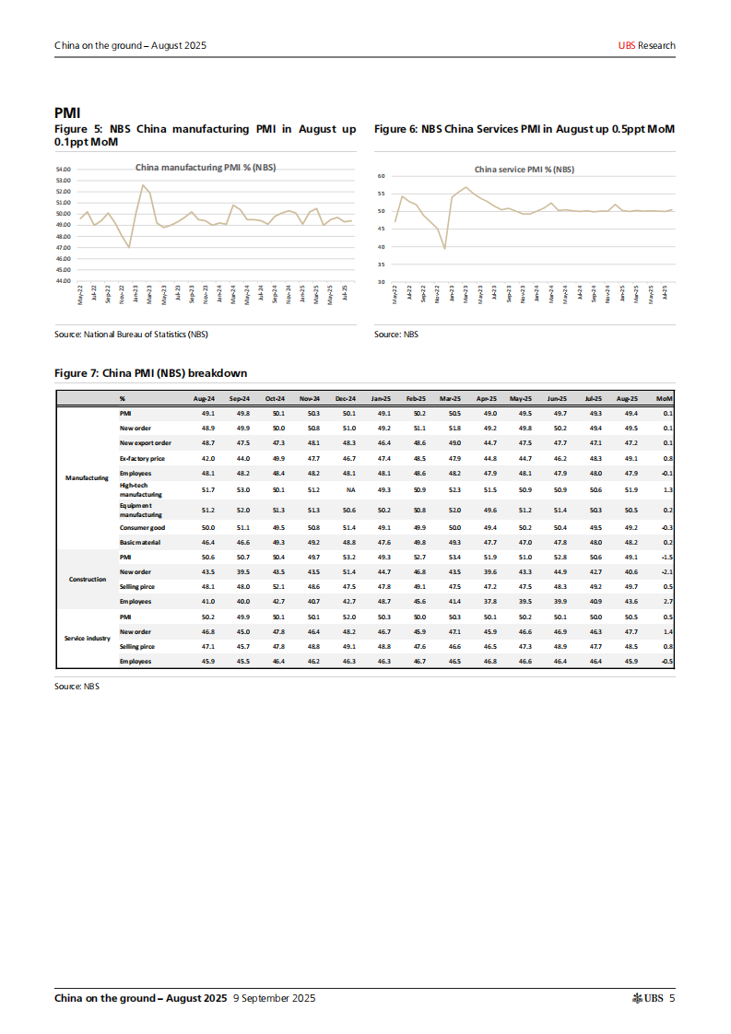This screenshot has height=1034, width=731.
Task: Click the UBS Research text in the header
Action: coord(646,45)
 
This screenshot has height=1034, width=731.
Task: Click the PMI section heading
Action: coord(67,112)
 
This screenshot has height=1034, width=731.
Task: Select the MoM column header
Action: coord(664,398)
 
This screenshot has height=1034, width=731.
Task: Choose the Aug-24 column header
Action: coord(204,398)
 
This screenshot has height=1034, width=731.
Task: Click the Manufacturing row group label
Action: coord(88,477)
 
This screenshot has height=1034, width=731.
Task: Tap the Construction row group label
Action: coord(88,579)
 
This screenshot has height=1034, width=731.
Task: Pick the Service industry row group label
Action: coord(88,638)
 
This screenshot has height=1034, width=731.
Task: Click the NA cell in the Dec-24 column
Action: coord(350,489)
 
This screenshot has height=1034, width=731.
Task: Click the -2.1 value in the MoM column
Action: coord(667,571)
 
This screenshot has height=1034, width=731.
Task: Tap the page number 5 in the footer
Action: coord(672,998)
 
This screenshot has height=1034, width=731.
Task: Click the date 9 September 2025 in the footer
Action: coord(275,998)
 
